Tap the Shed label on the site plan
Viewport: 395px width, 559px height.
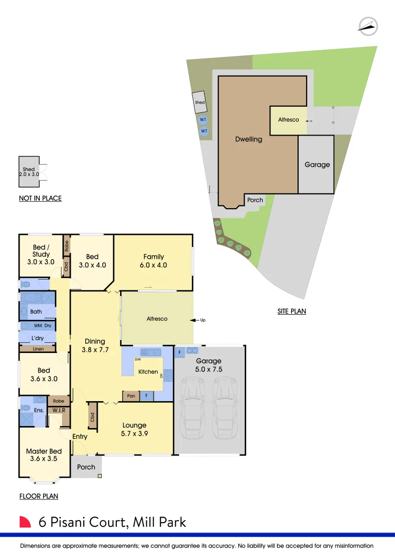pos(200,102)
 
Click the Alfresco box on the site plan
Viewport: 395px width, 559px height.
pos(288,120)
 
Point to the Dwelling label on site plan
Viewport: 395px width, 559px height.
pos(249,139)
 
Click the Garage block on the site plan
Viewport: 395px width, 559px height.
pos(316,165)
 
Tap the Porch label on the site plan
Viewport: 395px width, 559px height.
pos(255,200)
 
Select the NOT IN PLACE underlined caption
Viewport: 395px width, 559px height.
pos(40,198)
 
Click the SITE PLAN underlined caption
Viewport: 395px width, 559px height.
pos(292,312)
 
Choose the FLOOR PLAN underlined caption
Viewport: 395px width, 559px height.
pos(38,496)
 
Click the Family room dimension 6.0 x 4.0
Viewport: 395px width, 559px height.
pos(154,265)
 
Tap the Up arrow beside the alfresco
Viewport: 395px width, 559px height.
pos(199,320)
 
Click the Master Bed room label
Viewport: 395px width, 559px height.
pos(44,451)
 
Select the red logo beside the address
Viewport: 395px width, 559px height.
pos(25,522)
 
